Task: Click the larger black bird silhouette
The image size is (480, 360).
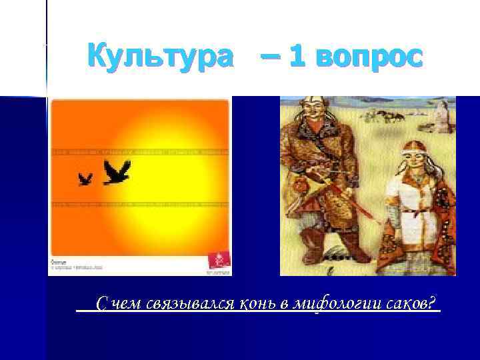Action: (117, 172)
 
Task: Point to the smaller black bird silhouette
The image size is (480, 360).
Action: (85, 179)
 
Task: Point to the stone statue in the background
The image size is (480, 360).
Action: (441, 115)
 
